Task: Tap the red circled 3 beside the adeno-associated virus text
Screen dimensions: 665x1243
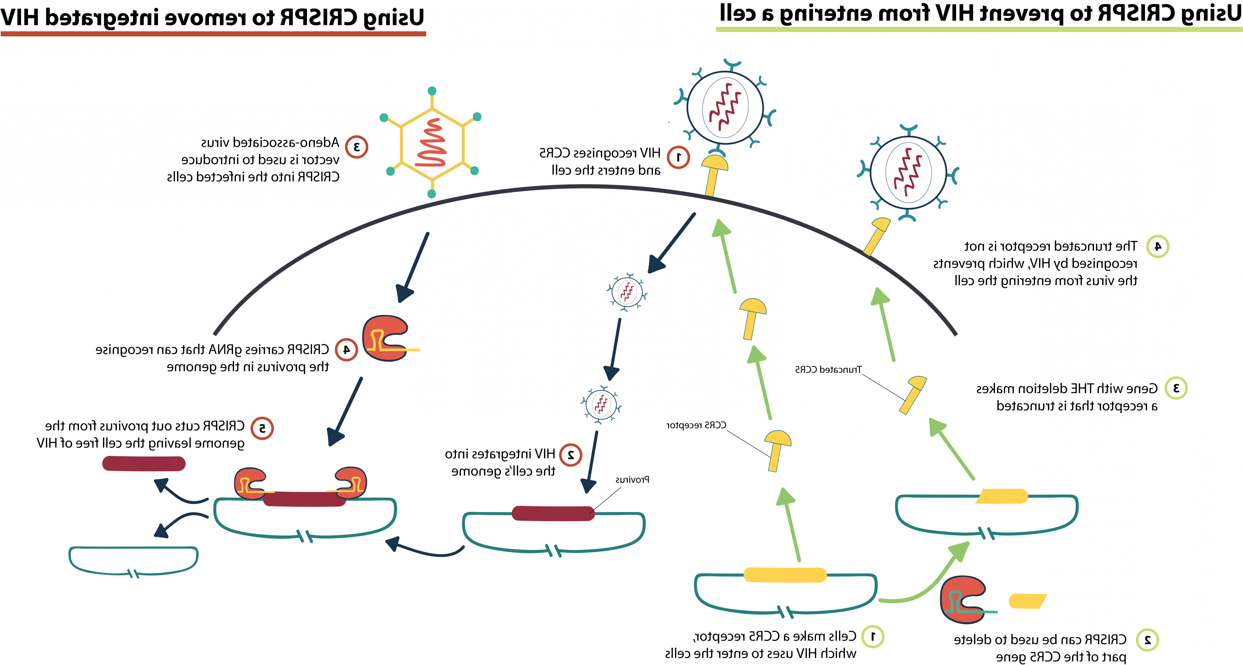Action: tap(357, 147)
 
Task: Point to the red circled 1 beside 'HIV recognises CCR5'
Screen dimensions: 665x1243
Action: tap(678, 157)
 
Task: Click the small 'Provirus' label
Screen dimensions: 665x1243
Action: tap(632, 480)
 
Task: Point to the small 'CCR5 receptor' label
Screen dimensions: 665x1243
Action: tap(696, 425)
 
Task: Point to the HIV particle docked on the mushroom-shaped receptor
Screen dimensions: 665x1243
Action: tap(725, 107)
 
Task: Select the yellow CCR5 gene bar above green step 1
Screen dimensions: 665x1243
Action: tap(785, 575)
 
